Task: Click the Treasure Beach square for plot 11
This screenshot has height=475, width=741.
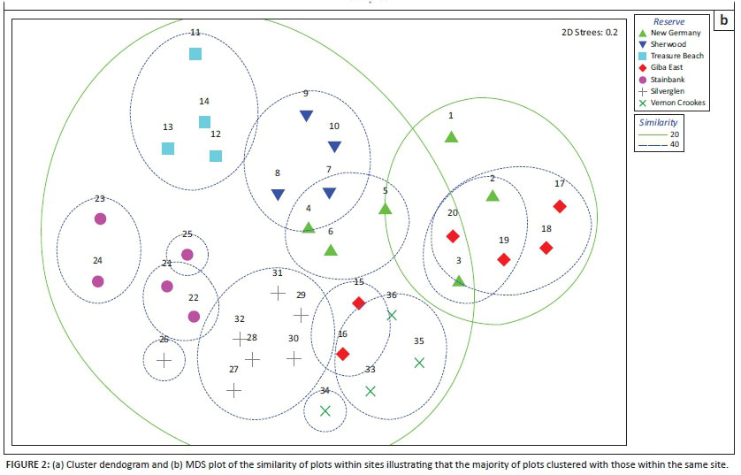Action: (x=195, y=54)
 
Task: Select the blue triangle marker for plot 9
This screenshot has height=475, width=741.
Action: (x=306, y=116)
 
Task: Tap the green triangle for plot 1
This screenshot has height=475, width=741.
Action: (x=451, y=137)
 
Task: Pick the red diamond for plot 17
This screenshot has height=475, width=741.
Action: (x=559, y=206)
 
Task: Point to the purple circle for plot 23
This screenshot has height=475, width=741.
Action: (x=100, y=218)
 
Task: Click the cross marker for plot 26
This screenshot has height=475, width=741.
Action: (x=164, y=360)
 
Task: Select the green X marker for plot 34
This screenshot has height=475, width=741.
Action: (x=325, y=410)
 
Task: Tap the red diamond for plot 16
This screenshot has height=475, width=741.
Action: (x=342, y=354)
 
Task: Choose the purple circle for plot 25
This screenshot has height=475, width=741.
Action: (x=187, y=255)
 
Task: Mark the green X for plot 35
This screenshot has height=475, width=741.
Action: (x=419, y=362)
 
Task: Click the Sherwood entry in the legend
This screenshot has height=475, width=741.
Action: (x=674, y=44)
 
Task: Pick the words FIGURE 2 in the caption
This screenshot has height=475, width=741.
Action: (x=28, y=464)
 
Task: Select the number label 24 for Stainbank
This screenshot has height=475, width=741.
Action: (x=97, y=261)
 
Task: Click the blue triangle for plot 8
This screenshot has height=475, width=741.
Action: (x=278, y=195)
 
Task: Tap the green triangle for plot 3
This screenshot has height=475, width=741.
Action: (x=458, y=280)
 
